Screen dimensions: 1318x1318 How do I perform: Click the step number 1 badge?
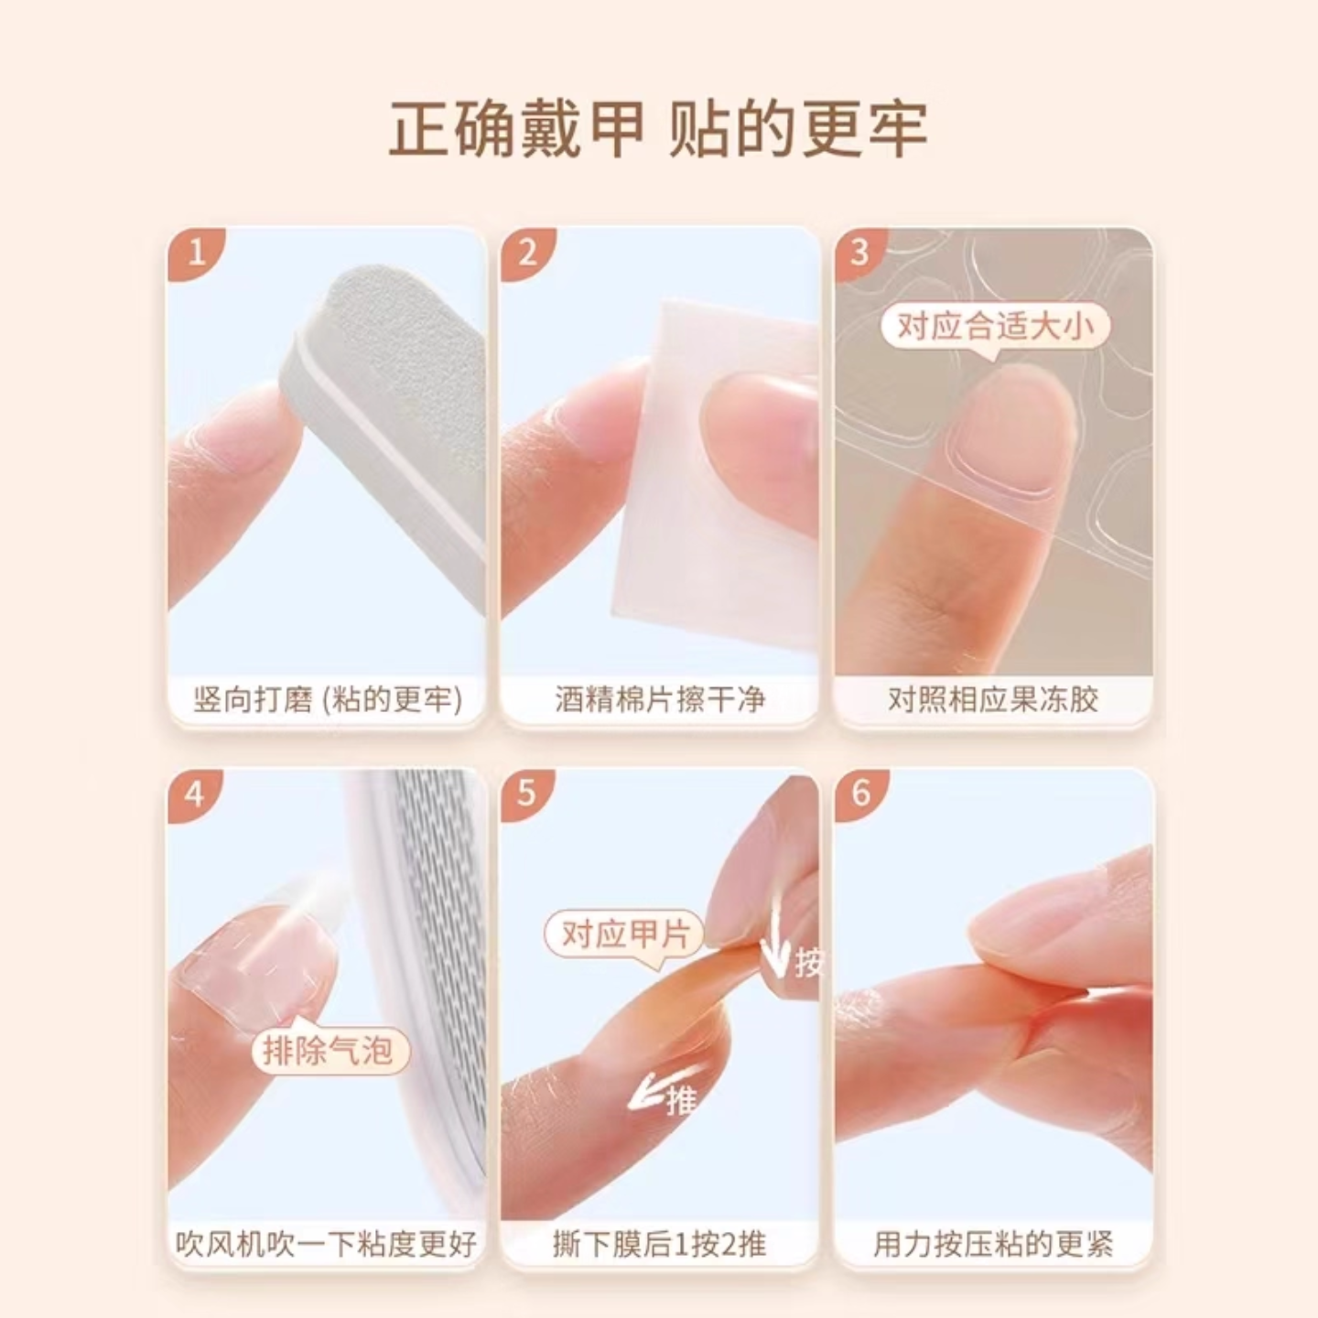coord(196,252)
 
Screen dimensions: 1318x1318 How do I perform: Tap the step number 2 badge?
coord(527,252)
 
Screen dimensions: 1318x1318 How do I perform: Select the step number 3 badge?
coord(859,252)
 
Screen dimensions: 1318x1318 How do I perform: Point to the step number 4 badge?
coord(194,793)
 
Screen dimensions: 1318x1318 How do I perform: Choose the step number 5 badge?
coord(526,793)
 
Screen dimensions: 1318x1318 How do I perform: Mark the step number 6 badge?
coord(860,793)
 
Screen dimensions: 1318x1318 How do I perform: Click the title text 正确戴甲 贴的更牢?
coord(658,129)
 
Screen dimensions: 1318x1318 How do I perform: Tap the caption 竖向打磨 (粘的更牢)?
coord(327,700)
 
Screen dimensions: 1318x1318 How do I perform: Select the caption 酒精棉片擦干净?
coord(659,700)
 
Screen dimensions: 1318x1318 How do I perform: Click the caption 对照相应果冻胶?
coord(993,700)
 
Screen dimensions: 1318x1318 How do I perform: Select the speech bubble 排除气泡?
coord(328,1049)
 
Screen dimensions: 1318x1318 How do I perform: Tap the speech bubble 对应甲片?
coord(625,935)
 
